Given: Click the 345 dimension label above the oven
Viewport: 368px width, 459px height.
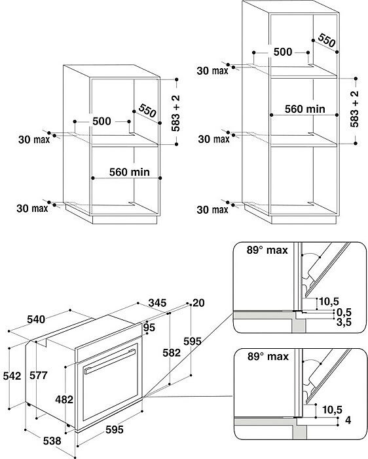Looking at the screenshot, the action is [157, 303].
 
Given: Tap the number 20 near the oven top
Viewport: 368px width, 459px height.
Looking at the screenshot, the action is [198, 303].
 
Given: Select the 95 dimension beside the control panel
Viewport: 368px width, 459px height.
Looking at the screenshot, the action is [149, 328].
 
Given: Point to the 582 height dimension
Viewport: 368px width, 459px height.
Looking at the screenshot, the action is [172, 353].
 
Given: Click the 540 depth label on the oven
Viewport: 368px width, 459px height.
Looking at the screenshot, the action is [36, 319].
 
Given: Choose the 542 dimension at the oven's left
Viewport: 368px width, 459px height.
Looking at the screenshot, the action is [12, 376].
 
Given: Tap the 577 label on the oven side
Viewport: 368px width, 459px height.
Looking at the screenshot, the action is [38, 375].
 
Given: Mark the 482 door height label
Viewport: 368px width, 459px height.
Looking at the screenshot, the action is [64, 399].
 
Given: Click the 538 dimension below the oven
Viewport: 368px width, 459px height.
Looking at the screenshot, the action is [52, 441].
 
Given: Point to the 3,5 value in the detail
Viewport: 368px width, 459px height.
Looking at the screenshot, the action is [344, 323].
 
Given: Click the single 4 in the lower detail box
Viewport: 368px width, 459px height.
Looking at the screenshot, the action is [348, 420].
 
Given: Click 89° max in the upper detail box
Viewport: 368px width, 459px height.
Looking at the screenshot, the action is [267, 250].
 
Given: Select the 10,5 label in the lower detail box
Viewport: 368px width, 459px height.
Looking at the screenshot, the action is [332, 410].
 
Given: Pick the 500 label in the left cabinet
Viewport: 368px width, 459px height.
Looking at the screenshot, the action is [101, 121].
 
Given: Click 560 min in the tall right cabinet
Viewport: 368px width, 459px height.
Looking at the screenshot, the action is [305, 110].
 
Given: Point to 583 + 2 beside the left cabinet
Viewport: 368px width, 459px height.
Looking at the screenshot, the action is [175, 113].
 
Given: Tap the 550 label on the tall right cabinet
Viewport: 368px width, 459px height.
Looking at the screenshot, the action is [327, 41].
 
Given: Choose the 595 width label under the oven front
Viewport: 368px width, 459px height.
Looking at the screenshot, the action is [115, 429].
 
